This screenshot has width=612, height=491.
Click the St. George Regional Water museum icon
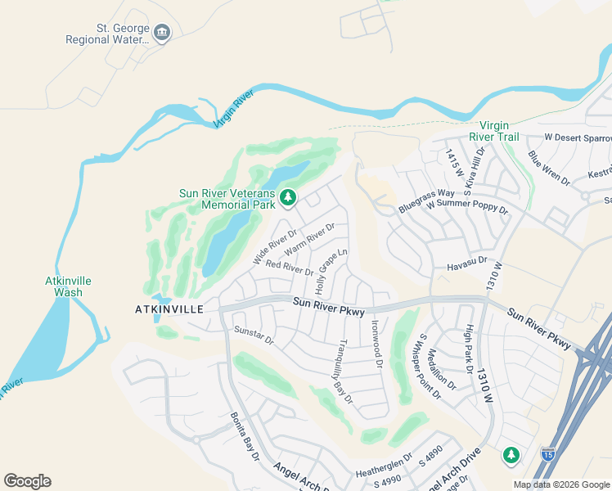click(x=162, y=33)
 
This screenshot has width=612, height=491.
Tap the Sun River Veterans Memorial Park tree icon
click(x=287, y=196)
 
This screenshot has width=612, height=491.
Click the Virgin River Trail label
click(x=499, y=131)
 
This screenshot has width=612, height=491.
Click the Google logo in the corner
click(x=28, y=481)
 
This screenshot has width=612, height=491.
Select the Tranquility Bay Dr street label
click(x=344, y=371)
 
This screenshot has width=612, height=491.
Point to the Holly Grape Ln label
click(x=332, y=273)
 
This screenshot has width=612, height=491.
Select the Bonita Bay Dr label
click(x=244, y=448)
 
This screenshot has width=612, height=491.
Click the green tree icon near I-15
click(x=511, y=453)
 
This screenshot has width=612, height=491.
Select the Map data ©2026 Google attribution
click(x=561, y=484)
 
